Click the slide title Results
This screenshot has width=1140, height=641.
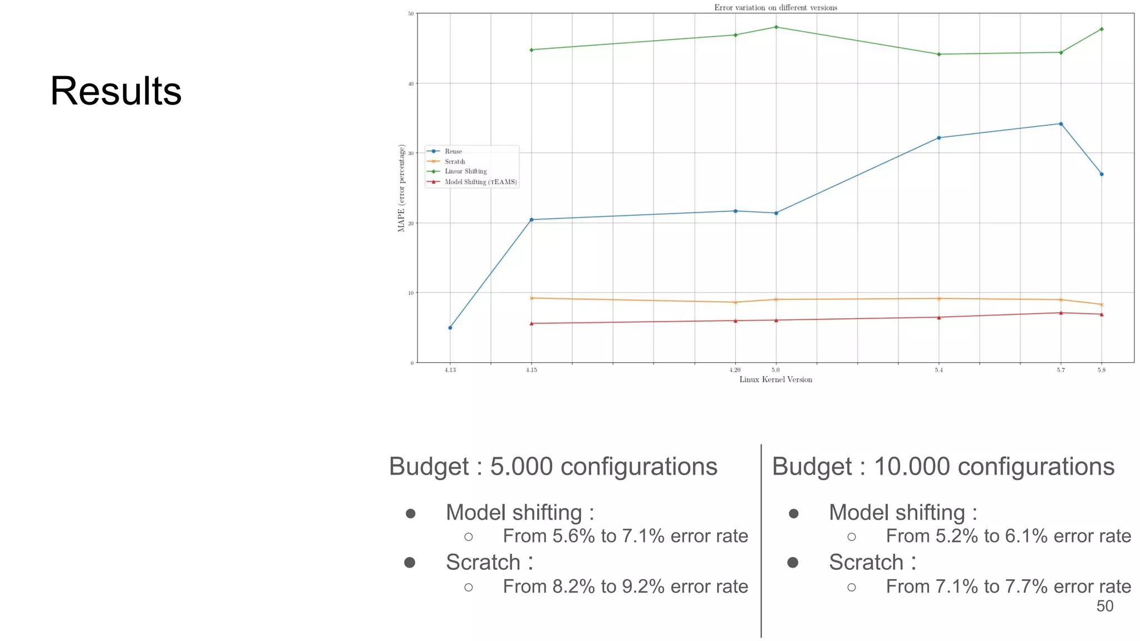point(116,91)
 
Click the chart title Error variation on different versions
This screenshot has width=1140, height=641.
point(775,8)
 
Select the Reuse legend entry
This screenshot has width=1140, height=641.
point(453,151)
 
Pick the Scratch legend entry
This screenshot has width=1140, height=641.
point(455,161)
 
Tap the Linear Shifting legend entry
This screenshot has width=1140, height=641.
point(465,171)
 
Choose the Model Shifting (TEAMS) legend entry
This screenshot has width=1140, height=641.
point(480,182)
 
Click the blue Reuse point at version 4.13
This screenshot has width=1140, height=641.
point(450,328)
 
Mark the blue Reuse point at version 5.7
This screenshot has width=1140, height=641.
point(1060,124)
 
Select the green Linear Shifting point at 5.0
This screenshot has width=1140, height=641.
point(776,27)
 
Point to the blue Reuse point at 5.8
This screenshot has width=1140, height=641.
point(1101,174)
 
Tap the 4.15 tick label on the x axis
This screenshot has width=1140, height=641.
point(532,370)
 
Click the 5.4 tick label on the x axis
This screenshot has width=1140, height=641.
point(938,370)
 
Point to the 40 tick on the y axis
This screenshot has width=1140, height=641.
point(411,84)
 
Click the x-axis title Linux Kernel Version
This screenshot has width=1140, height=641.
point(775,379)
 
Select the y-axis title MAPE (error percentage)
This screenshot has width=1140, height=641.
point(401,188)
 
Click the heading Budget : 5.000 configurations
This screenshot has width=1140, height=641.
point(553,466)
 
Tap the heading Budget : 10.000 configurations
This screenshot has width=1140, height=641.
point(943,466)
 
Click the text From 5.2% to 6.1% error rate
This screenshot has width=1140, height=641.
point(1008,536)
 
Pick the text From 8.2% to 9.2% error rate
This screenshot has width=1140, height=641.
point(625,586)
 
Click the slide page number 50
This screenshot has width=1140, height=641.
point(1104,606)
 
